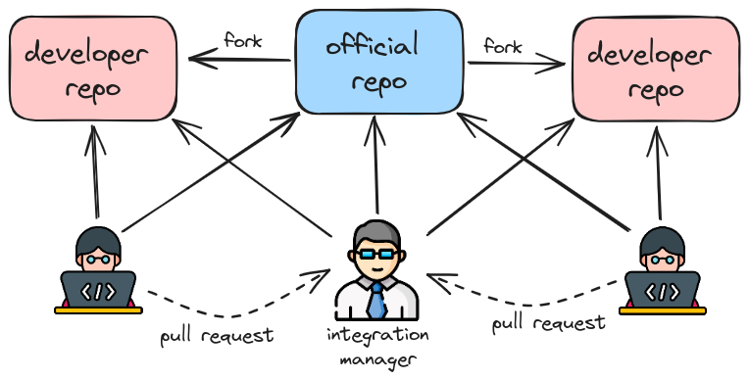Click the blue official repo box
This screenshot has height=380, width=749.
click(x=379, y=61)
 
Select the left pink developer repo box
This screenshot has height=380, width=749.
click(x=93, y=69)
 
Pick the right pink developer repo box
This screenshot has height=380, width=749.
click(x=656, y=69)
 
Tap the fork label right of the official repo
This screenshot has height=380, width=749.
click(x=502, y=46)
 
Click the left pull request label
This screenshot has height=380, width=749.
click(x=217, y=336)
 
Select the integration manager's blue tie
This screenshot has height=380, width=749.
click(x=376, y=300)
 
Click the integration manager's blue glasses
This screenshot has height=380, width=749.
click(x=376, y=253)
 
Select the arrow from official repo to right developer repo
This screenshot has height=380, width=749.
click(x=518, y=66)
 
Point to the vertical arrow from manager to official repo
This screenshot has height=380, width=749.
click(x=375, y=166)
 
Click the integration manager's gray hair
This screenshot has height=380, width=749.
click(x=376, y=231)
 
